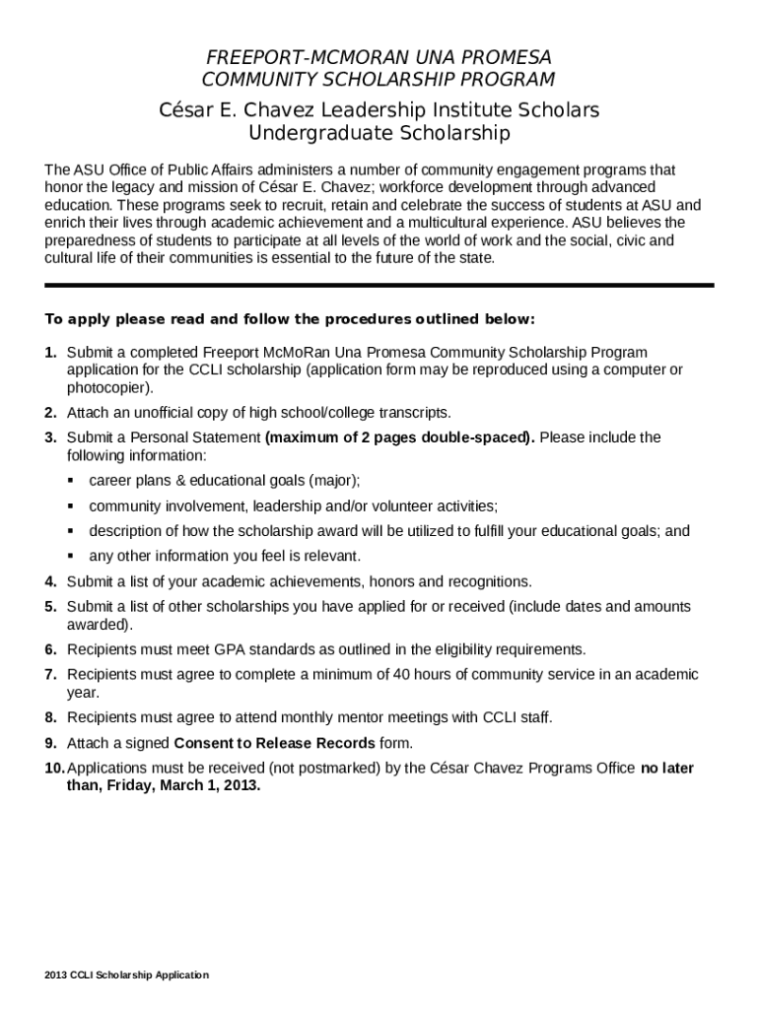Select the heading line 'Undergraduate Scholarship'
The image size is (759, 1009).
[379, 132]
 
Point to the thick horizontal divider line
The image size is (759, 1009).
[379, 285]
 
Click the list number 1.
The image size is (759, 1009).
[50, 352]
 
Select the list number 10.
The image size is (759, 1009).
[53, 768]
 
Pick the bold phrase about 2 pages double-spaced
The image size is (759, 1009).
[399, 437]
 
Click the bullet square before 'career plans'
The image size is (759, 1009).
[72, 481]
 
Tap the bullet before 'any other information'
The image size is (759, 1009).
[72, 556]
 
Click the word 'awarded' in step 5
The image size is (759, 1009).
[97, 625]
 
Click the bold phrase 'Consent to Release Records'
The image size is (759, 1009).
[274, 742]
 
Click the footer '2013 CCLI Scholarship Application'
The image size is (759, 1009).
[126, 975]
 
